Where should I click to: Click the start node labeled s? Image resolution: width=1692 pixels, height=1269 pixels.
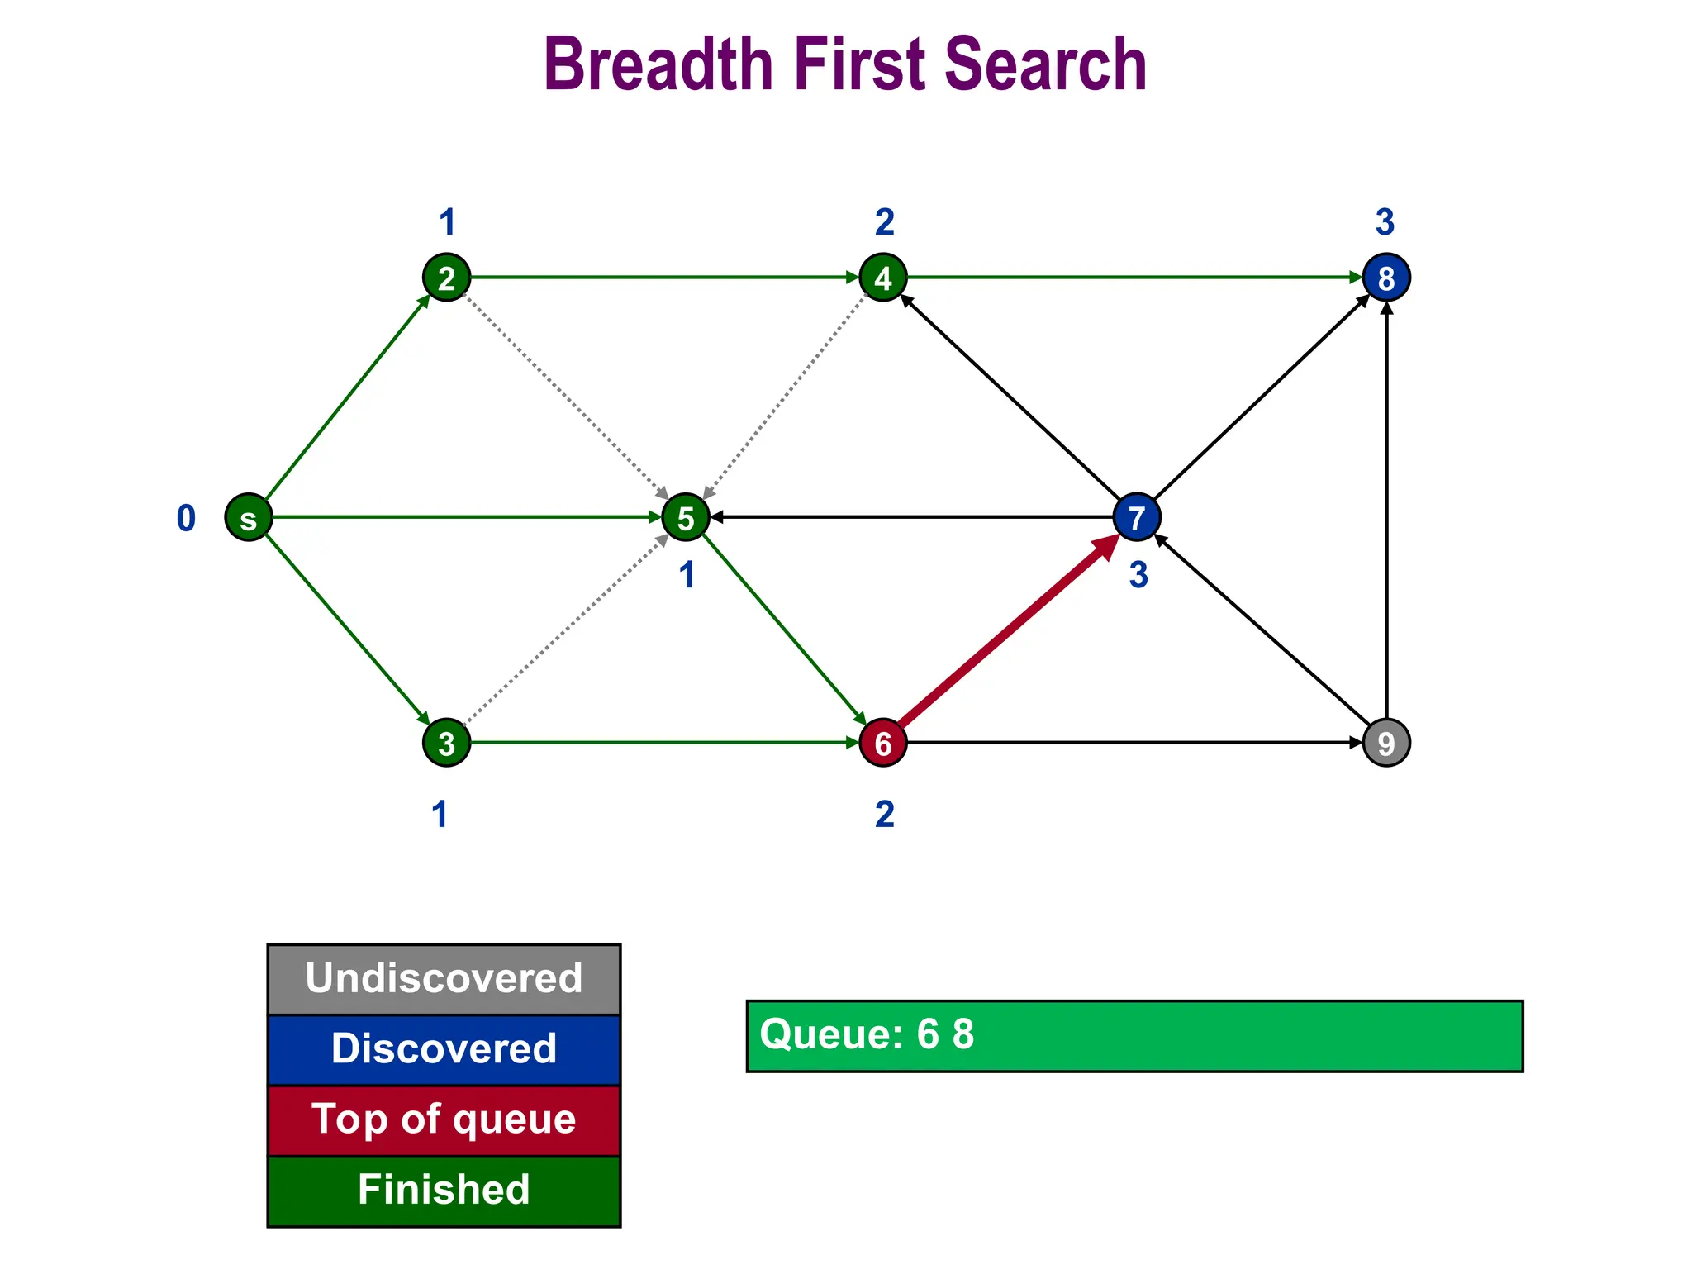tap(249, 518)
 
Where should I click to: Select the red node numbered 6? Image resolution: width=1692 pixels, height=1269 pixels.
tap(883, 743)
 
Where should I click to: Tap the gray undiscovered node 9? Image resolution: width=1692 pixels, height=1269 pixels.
tap(1386, 743)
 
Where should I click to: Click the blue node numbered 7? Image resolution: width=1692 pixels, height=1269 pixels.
tap(1137, 518)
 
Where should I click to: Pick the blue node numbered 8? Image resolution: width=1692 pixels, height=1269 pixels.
tap(1386, 278)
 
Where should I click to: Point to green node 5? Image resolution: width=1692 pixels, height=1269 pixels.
tap(686, 518)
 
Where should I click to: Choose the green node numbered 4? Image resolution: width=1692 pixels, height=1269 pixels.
tap(883, 278)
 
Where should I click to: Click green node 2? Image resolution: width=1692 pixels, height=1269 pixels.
tap(447, 278)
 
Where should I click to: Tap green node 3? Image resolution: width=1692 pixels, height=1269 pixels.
tap(447, 743)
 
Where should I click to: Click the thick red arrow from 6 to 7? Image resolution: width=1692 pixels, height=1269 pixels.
tap(1008, 632)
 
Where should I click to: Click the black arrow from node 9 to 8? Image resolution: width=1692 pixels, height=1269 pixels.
tap(1386, 512)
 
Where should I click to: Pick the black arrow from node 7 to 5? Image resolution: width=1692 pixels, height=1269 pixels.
tap(909, 518)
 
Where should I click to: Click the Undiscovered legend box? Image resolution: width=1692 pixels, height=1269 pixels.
tap(444, 979)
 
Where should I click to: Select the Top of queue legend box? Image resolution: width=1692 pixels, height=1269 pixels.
tap(444, 1120)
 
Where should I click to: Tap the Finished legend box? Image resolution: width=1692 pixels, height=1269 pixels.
tap(444, 1191)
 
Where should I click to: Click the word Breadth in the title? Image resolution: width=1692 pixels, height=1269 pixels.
tap(658, 64)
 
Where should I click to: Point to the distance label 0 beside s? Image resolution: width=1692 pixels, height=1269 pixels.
tap(187, 519)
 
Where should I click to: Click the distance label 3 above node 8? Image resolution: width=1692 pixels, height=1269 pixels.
tap(1385, 222)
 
